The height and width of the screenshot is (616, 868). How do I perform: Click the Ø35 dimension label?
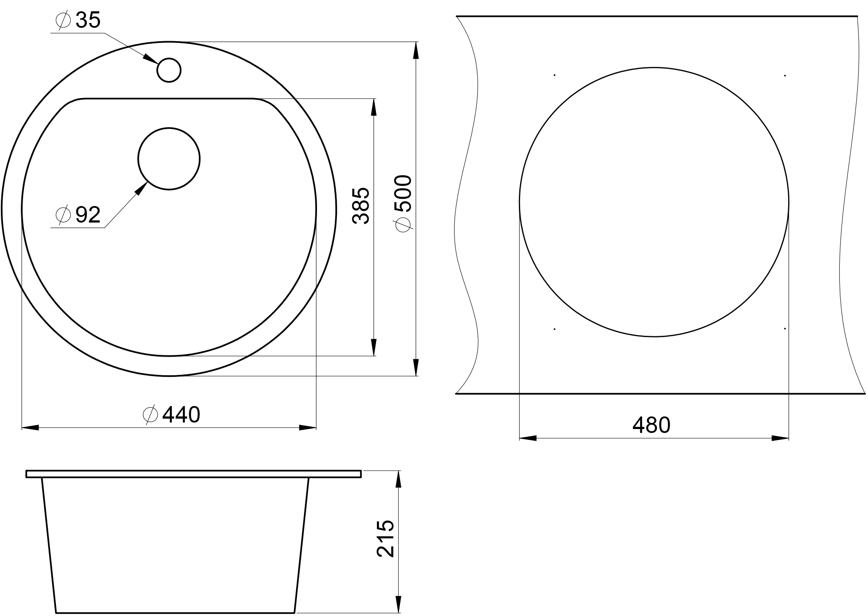tap(78, 20)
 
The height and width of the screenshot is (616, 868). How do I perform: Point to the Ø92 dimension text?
tap(78, 214)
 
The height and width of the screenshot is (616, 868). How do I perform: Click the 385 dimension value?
tap(361, 206)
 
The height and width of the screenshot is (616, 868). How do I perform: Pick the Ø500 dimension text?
tap(403, 203)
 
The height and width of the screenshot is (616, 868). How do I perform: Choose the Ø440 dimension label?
tap(172, 415)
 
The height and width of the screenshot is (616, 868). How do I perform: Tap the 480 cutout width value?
tap(651, 425)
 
